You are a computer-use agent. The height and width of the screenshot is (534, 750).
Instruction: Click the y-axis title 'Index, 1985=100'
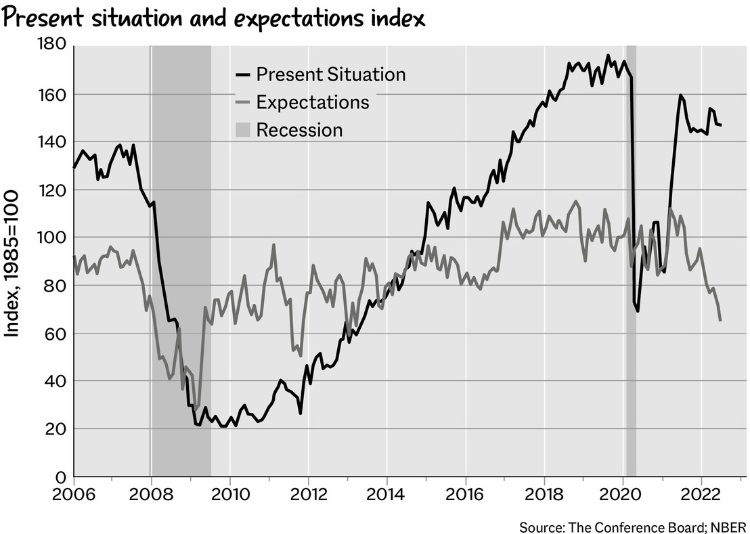[x=13, y=263]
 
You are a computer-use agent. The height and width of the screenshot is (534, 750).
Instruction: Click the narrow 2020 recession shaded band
[x=631, y=271]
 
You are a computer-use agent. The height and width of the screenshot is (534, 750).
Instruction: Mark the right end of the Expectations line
[x=720, y=320]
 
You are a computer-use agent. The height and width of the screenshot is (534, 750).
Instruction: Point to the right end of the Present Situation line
[x=721, y=125]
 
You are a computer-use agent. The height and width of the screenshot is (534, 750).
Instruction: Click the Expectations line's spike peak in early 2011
[x=273, y=245]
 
